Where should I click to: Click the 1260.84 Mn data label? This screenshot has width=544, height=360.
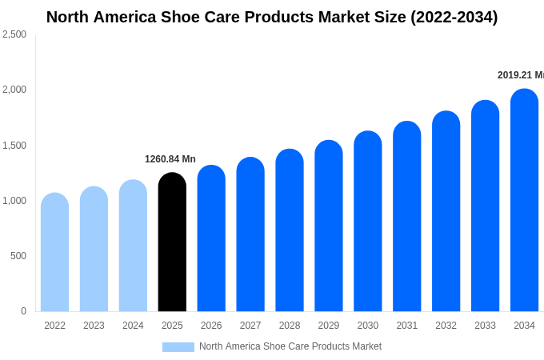(170, 159)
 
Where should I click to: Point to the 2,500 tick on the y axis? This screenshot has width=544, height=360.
(14, 34)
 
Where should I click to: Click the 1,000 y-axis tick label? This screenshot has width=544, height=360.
(14, 201)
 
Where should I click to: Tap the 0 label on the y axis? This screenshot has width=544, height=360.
(23, 311)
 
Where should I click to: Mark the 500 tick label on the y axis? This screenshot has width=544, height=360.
(18, 256)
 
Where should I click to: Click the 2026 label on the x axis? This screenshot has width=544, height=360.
(211, 326)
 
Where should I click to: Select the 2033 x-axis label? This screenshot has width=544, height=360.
(485, 326)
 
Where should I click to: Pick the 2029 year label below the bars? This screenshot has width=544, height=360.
(329, 326)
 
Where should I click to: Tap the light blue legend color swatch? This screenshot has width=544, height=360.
(178, 346)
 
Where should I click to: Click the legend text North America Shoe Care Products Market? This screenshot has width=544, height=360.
(290, 346)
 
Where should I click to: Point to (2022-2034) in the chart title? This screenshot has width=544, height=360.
(454, 17)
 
